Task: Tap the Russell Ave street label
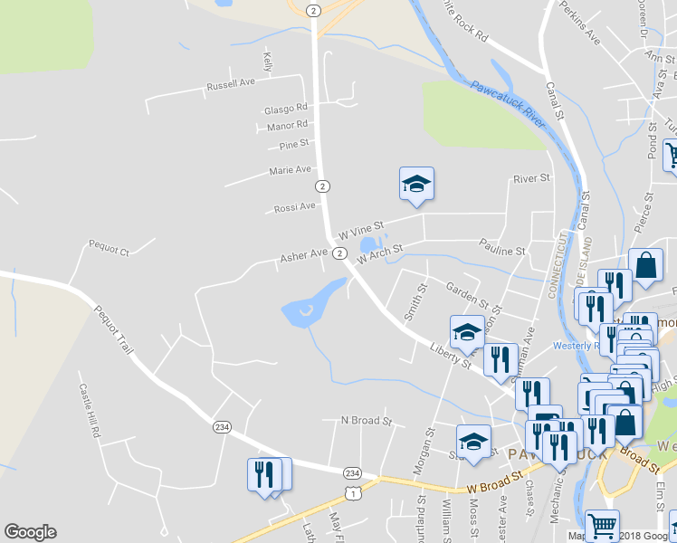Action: click(231, 84)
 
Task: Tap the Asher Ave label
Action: click(303, 255)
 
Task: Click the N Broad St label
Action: click(366, 421)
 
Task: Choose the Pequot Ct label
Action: click(109, 245)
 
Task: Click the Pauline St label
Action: click(502, 250)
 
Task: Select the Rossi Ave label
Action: click(295, 207)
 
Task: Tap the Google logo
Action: click(30, 532)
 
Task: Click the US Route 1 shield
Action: click(351, 491)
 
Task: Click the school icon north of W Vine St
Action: click(416, 184)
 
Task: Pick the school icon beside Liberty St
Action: click(467, 332)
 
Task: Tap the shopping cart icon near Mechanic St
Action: click(603, 524)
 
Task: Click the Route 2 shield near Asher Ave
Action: click(338, 253)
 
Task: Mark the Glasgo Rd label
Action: click(286, 109)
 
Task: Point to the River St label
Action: click(531, 179)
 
